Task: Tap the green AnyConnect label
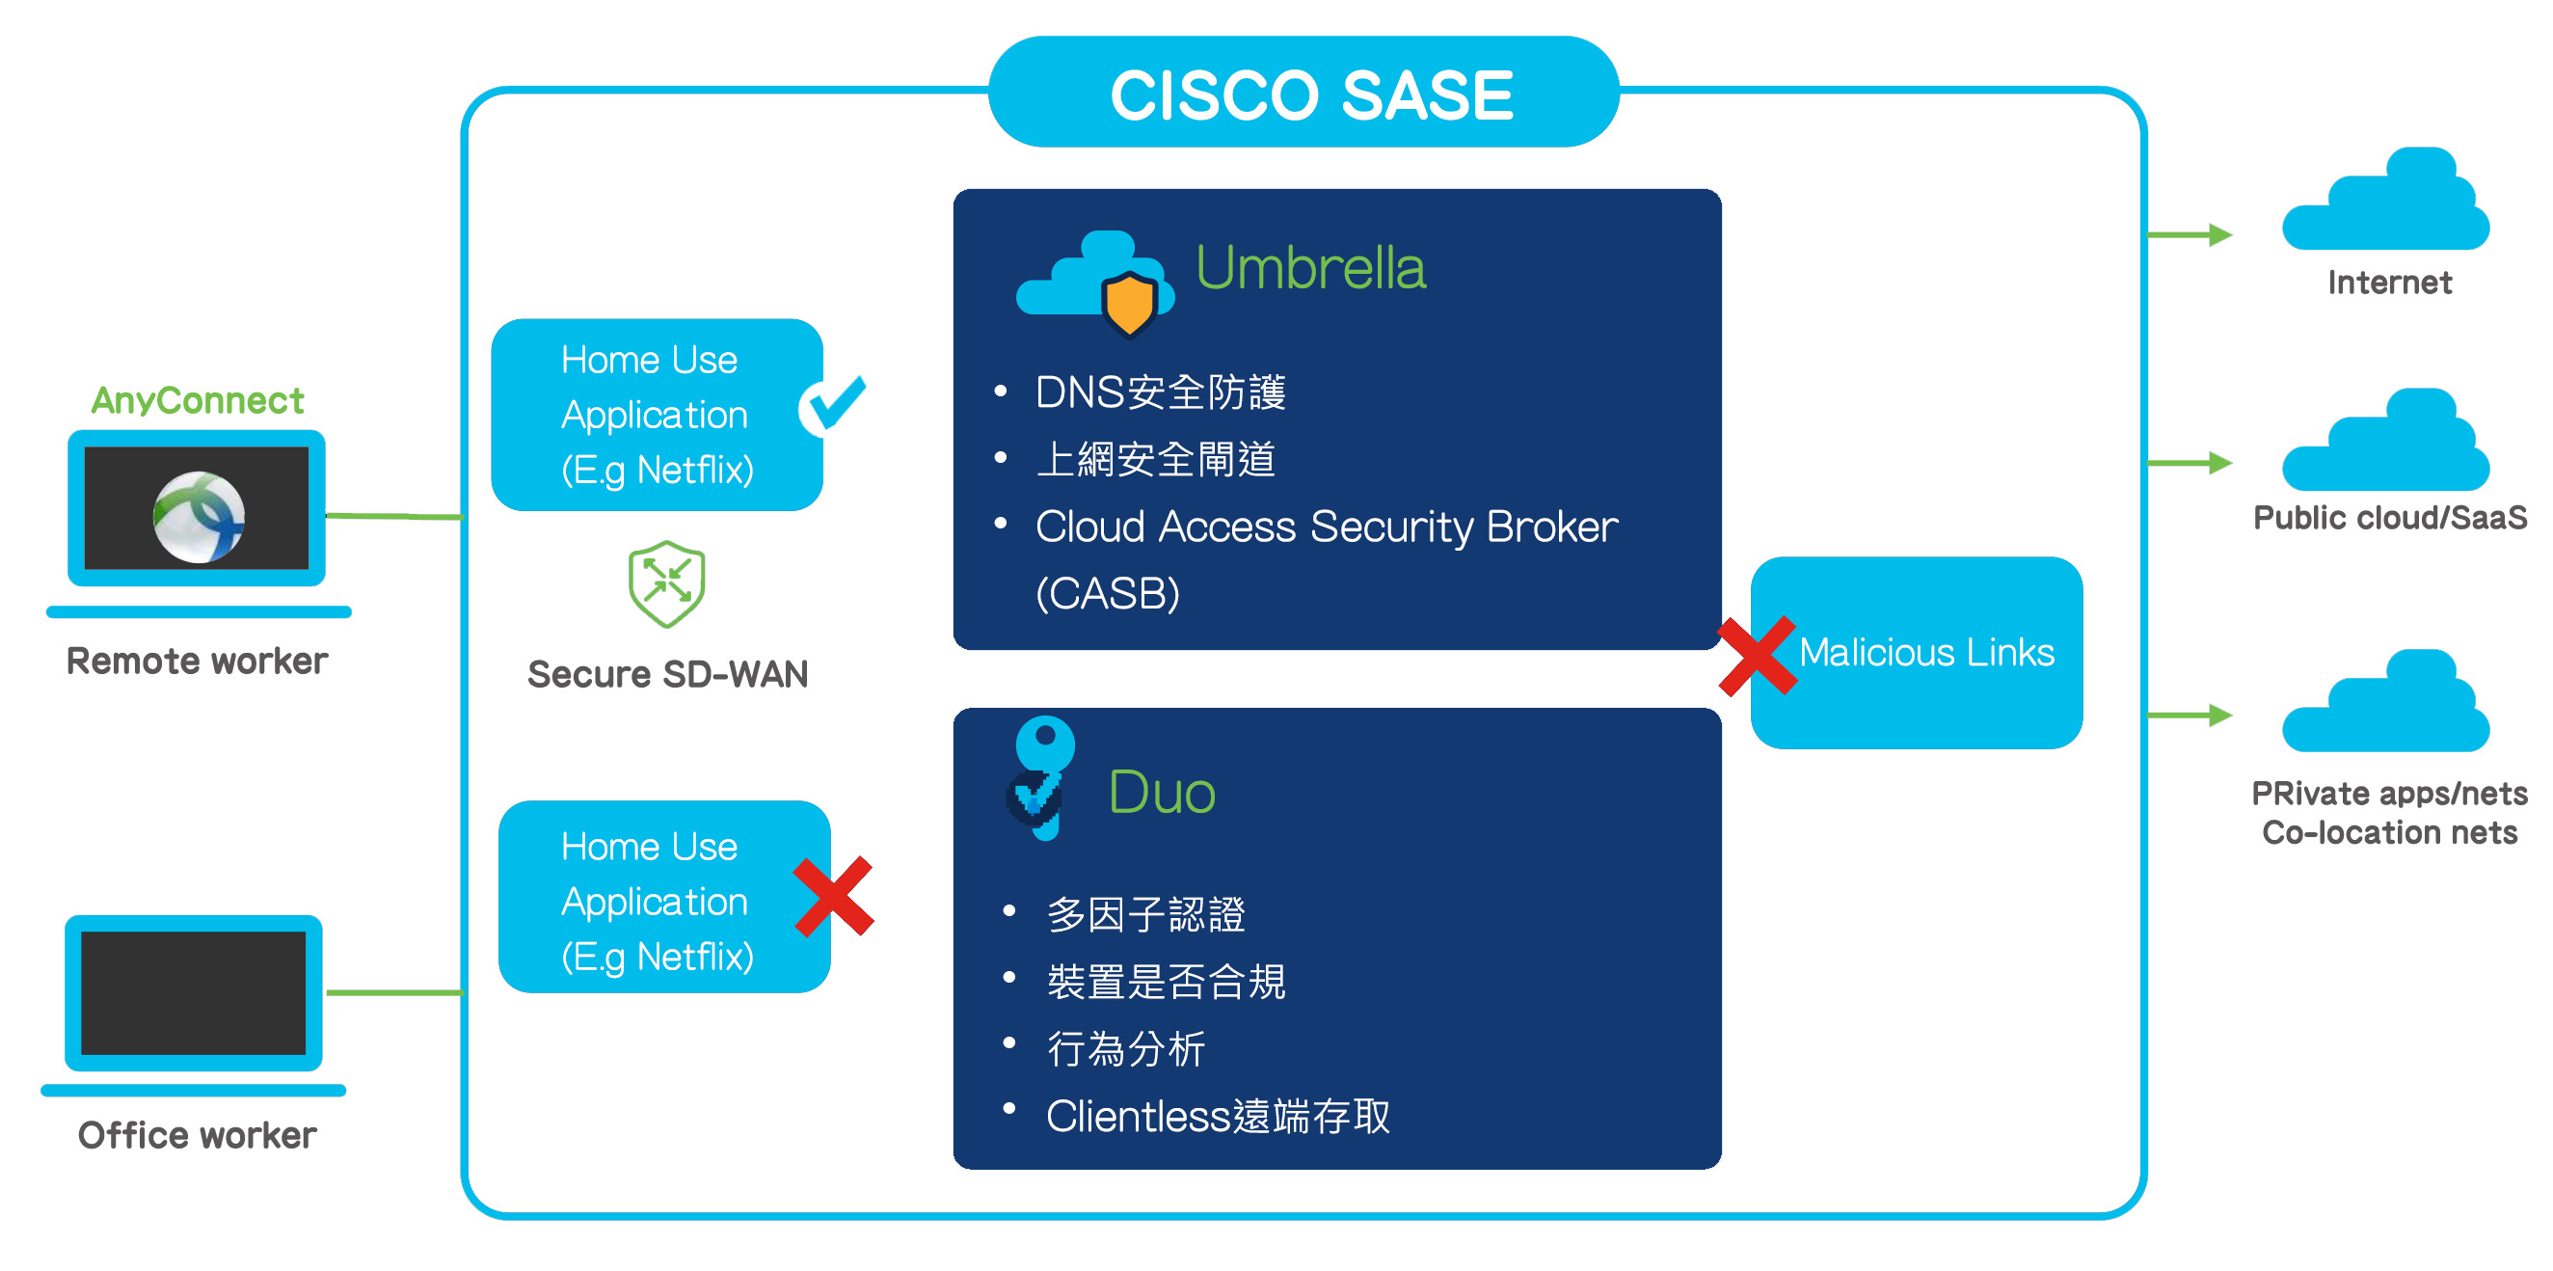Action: pos(198,399)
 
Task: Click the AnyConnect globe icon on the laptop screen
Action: pos(199,517)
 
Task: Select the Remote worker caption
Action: pos(197,661)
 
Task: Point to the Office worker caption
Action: pos(197,1134)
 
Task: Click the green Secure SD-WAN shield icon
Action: pos(667,584)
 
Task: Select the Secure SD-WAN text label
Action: pos(667,674)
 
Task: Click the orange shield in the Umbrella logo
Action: pos(1129,304)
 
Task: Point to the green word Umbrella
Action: pos(1310,268)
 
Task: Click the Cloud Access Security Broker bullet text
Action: pos(1325,527)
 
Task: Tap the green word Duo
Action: pos(1162,792)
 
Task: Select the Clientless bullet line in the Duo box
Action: pos(1217,1117)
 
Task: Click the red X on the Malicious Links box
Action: pos(1758,657)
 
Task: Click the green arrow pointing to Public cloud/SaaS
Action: pos(2190,462)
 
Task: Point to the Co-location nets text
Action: pos(2388,832)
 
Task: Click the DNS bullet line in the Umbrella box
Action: pos(1160,392)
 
